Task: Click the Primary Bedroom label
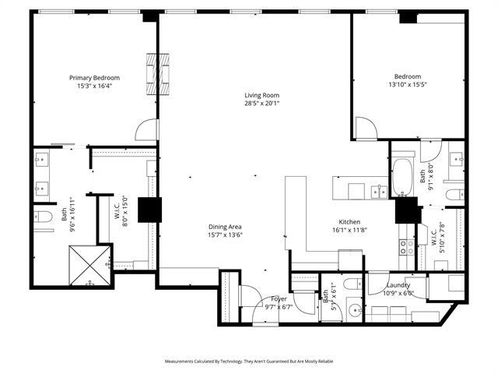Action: point(94,77)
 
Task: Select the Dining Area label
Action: point(224,226)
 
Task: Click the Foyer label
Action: point(279,299)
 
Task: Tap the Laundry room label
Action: point(398,285)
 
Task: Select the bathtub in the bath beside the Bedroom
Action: point(404,178)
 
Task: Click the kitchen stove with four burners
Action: point(406,247)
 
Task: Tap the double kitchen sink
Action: point(378,191)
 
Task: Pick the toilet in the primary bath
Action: point(44,215)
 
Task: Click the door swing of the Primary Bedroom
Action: point(146,130)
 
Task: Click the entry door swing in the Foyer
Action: point(250,296)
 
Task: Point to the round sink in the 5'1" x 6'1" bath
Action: point(355,311)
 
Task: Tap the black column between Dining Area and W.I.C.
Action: point(149,210)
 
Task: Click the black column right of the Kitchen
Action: point(406,210)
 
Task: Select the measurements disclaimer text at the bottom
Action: point(249,362)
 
